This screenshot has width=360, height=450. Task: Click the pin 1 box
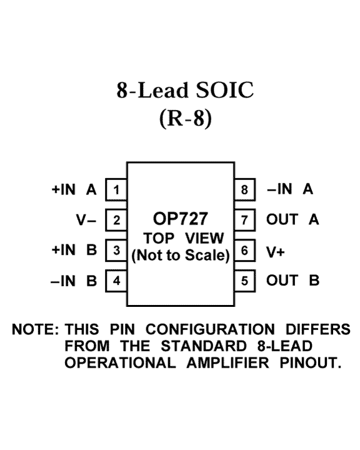[x=116, y=189]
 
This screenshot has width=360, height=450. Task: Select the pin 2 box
[x=116, y=220]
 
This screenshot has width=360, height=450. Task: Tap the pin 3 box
[x=116, y=250]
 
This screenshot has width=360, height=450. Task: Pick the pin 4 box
[x=116, y=281]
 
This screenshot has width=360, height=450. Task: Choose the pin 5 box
[x=244, y=281]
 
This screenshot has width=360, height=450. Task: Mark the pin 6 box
[x=244, y=250]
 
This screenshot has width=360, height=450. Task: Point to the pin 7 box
[x=244, y=220]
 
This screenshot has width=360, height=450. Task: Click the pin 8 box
[x=244, y=189]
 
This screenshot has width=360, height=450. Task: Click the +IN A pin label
[x=74, y=189]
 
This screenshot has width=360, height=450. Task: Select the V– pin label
[x=86, y=220]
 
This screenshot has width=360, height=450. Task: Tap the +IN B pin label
[x=74, y=250]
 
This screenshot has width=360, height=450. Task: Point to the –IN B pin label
[x=74, y=281]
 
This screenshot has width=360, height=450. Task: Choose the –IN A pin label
[x=290, y=189]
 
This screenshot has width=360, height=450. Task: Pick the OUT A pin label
[x=292, y=219]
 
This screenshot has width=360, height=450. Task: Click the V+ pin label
[x=275, y=252]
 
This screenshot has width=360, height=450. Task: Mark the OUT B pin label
[x=293, y=281]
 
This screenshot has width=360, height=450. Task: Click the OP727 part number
[x=180, y=219]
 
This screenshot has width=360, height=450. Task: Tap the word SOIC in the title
[x=225, y=90]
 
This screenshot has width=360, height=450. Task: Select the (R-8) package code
[x=186, y=118]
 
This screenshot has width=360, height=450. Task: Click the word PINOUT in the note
[x=311, y=362]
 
